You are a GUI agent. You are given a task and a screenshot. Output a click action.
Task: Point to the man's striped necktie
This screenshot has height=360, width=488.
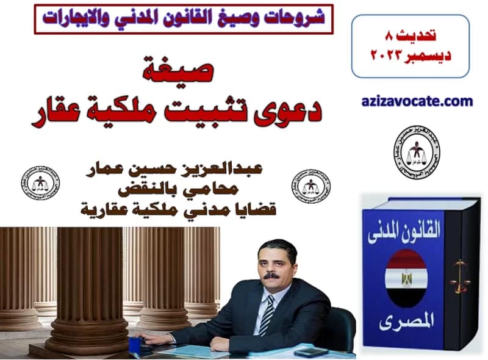267,315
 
